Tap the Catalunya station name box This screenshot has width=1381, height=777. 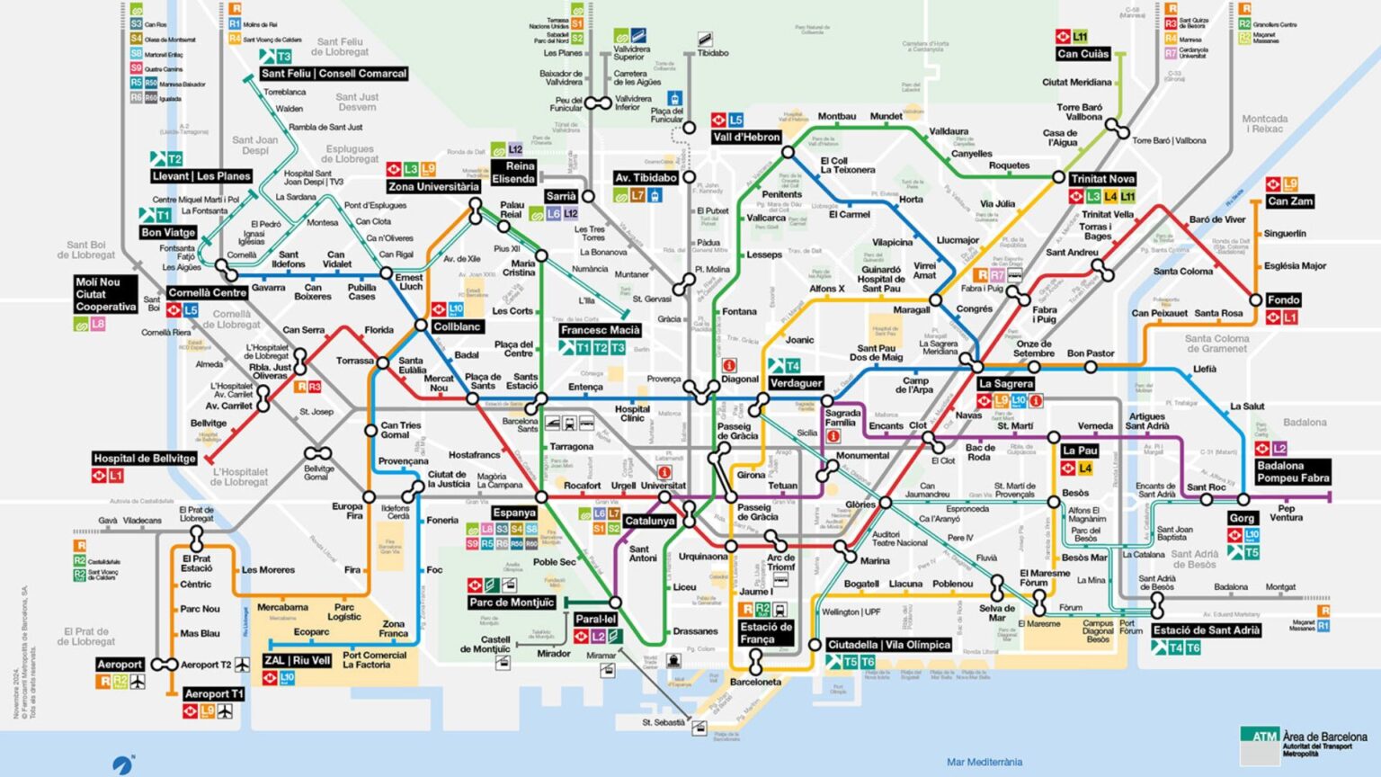(x=649, y=521)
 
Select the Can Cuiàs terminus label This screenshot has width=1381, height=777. (x=1083, y=54)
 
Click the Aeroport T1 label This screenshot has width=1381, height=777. (x=213, y=693)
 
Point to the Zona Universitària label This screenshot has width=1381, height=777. (x=433, y=187)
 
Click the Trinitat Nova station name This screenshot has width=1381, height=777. (x=1102, y=179)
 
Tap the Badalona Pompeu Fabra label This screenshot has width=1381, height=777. (x=1293, y=471)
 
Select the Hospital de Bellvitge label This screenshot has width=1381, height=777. (x=144, y=459)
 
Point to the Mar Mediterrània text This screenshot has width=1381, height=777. (x=984, y=762)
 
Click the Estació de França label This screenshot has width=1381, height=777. (x=765, y=632)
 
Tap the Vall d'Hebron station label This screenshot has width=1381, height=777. (x=746, y=137)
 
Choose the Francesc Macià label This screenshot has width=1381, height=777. (x=600, y=330)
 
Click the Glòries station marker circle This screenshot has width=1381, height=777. (x=886, y=503)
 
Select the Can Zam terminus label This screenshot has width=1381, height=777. (x=1289, y=201)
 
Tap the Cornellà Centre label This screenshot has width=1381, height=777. (x=207, y=292)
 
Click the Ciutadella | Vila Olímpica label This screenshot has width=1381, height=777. (x=888, y=645)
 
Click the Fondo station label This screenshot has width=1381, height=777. (x=1283, y=299)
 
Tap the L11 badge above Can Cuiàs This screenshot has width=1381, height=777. (x=1079, y=37)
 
